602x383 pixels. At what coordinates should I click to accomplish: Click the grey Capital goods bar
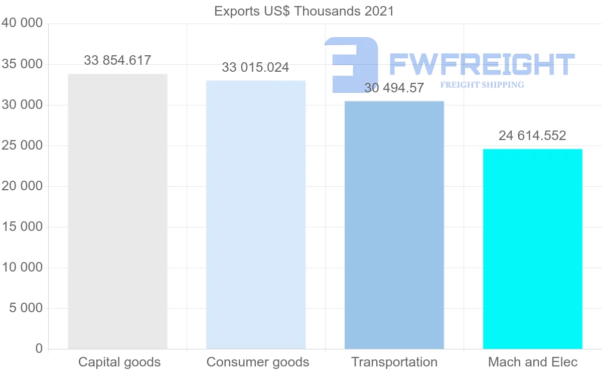pyautogui.click(x=117, y=211)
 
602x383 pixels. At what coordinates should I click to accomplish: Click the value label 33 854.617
pyautogui.click(x=117, y=61)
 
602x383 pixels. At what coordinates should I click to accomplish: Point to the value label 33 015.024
pyautogui.click(x=255, y=68)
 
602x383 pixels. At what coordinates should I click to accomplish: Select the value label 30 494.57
pyautogui.click(x=394, y=88)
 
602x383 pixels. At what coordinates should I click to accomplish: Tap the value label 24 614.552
pyautogui.click(x=532, y=136)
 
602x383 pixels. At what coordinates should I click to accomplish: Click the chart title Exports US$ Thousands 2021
pyautogui.click(x=304, y=11)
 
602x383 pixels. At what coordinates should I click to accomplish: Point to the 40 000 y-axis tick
pyautogui.click(x=22, y=23)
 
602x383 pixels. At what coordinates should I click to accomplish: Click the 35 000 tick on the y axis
pyautogui.click(x=22, y=64)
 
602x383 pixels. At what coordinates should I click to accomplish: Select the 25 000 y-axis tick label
pyautogui.click(x=22, y=146)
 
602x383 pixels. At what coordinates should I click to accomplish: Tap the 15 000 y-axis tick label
pyautogui.click(x=22, y=227)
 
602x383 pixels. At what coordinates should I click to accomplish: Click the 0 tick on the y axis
pyautogui.click(x=39, y=348)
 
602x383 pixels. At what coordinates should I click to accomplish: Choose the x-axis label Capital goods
pyautogui.click(x=119, y=362)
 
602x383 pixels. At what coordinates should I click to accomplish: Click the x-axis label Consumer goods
pyautogui.click(x=258, y=362)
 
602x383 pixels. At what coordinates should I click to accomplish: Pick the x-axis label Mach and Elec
pyautogui.click(x=533, y=362)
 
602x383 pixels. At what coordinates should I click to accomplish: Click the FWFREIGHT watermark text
pyautogui.click(x=482, y=64)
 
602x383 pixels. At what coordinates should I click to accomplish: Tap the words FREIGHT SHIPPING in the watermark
pyautogui.click(x=482, y=85)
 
